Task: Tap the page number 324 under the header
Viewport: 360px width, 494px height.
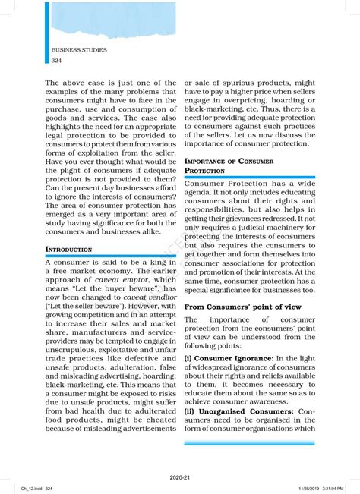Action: tap(57, 60)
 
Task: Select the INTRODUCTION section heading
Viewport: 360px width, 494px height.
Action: tap(69, 249)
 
